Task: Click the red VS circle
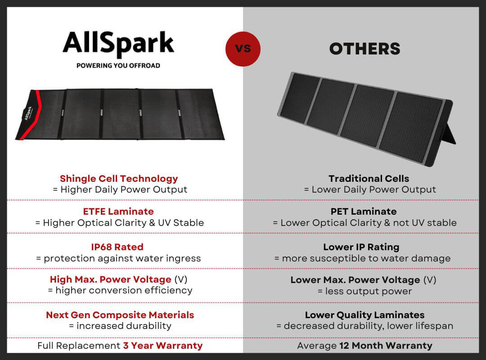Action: point(243,49)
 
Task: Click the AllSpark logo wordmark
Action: point(118,43)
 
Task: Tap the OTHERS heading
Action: point(365,49)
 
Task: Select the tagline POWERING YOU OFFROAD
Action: point(118,66)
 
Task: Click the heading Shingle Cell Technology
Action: point(119,179)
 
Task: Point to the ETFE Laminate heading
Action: point(118,211)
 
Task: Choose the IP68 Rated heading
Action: point(117,247)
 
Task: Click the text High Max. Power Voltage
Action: point(111,279)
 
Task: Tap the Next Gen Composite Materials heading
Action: point(120,315)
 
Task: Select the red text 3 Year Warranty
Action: point(163,346)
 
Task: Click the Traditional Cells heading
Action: point(369,179)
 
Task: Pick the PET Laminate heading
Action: point(364,211)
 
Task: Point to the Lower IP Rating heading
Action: point(361,247)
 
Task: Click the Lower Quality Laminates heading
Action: point(365,315)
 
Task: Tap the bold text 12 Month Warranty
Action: point(386,346)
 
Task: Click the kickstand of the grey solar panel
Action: point(448,133)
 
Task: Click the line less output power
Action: point(365,291)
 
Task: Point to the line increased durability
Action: point(120,326)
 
